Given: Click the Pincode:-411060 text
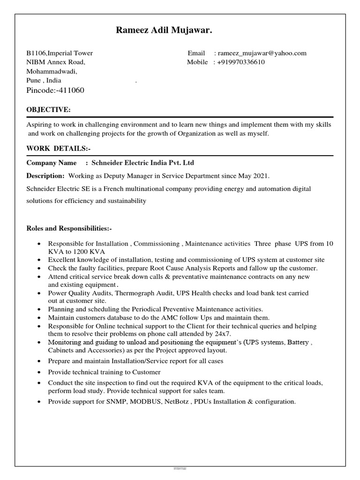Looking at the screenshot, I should (x=55, y=90).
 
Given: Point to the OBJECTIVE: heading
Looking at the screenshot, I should (x=49, y=110).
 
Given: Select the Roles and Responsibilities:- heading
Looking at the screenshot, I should (x=69, y=228).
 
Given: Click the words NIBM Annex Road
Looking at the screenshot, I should (x=55, y=62).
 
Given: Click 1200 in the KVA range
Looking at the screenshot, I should (x=83, y=251).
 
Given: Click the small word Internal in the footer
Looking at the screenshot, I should (x=180, y=468).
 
